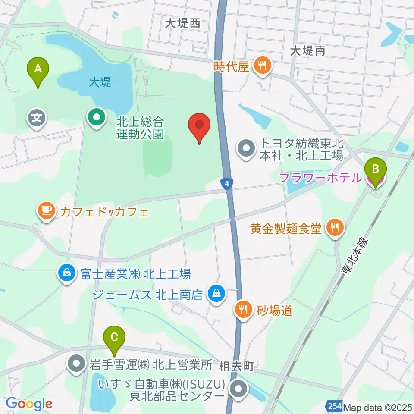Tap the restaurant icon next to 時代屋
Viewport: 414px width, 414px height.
pos(262,66)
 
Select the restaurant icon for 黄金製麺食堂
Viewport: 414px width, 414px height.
pos(335,229)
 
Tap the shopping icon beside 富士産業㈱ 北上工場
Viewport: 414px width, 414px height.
pos(67,273)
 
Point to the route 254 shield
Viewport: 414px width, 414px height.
pos(332,406)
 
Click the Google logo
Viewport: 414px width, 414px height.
pos(29,404)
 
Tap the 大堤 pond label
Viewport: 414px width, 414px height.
pos(100,82)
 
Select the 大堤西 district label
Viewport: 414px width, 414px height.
pos(183,23)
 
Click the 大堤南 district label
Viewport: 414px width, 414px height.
pos(307,51)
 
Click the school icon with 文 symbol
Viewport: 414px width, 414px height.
pos(37,116)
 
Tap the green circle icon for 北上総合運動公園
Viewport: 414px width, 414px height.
pos(96,117)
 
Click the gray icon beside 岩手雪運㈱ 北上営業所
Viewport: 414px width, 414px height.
pos(77,365)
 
